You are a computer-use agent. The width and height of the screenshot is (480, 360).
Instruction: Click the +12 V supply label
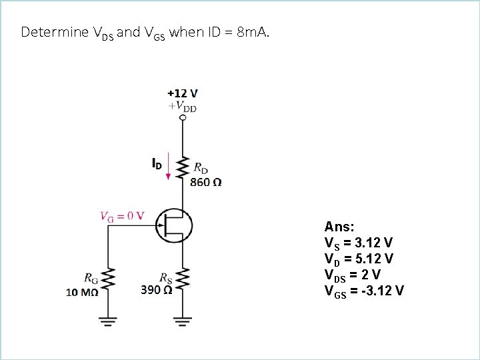[182, 94]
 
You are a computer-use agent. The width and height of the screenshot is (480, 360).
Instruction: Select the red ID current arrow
[169, 166]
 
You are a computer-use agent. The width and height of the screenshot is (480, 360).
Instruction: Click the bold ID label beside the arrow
[155, 163]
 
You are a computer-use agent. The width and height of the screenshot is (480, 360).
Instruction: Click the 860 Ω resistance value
[206, 182]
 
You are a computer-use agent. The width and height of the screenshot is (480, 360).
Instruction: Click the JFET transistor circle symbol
[174, 224]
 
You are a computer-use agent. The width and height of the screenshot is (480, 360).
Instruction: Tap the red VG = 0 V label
[121, 215]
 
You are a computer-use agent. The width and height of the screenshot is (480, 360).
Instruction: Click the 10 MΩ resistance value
[82, 291]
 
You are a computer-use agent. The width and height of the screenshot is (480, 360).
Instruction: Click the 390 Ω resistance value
[157, 290]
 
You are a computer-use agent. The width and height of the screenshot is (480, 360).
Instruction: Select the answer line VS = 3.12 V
[358, 242]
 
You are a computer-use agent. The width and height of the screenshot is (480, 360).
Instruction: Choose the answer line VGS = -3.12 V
[363, 291]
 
